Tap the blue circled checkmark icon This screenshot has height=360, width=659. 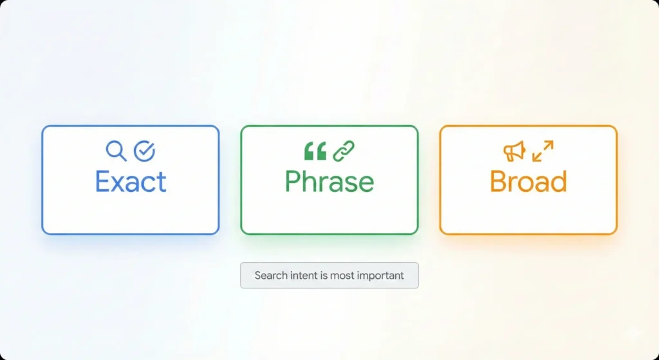tap(145, 151)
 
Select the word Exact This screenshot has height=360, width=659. tap(131, 181)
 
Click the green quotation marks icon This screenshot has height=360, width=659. tap(315, 151)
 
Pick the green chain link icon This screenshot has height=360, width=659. tap(344, 151)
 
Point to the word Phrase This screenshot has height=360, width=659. tap(329, 181)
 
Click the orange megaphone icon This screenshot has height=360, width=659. tap(514, 151)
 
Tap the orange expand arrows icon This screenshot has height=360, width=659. tap(543, 151)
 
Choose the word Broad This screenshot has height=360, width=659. tap(529, 181)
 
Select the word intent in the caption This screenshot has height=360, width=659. tap(301, 276)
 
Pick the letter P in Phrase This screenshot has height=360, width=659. tap(293, 181)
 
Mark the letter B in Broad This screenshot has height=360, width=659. tap(499, 181)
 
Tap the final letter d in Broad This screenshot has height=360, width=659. tap(559, 181)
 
